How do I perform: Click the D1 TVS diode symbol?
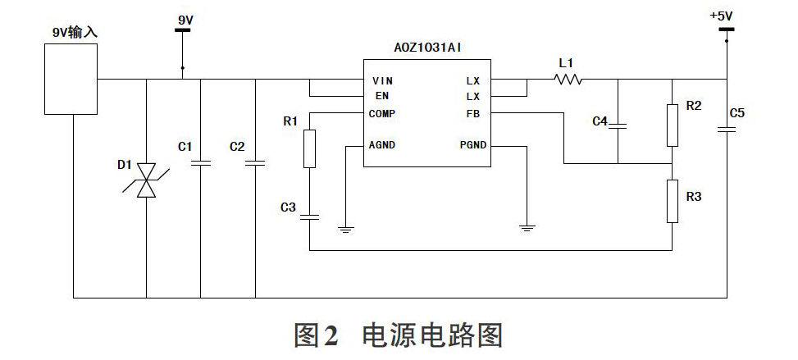click(147, 180)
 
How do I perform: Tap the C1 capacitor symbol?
click(200, 163)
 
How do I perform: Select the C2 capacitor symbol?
click(255, 163)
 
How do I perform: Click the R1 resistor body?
click(309, 148)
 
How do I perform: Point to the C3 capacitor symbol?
click(309, 217)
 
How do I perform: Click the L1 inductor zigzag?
click(568, 79)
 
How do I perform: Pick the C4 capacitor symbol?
click(618, 125)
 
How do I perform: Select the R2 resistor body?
click(673, 125)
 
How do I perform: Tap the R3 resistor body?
click(673, 201)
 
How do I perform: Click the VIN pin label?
click(382, 81)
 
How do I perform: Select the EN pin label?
click(382, 96)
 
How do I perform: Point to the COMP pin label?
click(381, 113)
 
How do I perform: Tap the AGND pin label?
click(381, 145)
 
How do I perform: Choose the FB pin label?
click(472, 113)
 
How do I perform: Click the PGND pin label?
click(473, 145)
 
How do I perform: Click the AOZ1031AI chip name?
click(428, 48)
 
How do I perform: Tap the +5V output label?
click(721, 16)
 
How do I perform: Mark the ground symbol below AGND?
click(346, 229)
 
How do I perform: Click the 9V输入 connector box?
click(71, 79)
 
